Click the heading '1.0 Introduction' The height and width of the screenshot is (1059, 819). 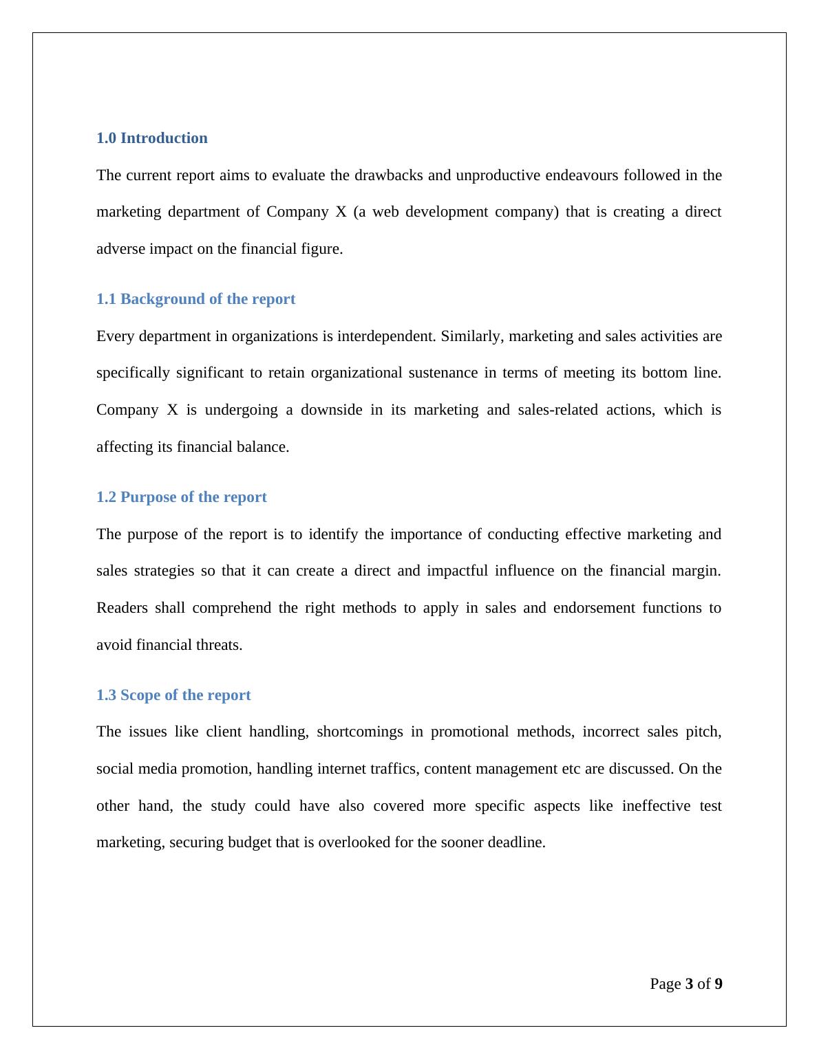point(151,138)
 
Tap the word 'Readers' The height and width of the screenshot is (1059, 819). point(122,608)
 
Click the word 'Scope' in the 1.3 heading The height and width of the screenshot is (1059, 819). point(140,695)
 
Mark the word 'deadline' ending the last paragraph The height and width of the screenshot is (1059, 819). point(515,842)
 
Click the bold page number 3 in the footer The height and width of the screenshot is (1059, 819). point(689,984)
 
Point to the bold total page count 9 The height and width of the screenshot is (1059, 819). point(719,984)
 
